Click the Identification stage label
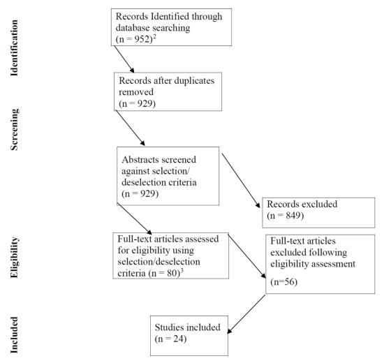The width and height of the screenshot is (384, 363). click(x=14, y=47)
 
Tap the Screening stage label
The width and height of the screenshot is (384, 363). click(x=14, y=129)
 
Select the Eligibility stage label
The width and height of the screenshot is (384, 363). click(x=14, y=258)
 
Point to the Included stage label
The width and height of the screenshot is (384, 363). click(x=14, y=335)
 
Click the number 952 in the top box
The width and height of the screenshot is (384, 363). click(x=142, y=39)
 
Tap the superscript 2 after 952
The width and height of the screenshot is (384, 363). click(x=154, y=37)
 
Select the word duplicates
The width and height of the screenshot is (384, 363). click(x=190, y=80)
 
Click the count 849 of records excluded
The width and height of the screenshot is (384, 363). click(x=293, y=216)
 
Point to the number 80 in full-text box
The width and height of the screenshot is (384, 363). click(x=172, y=273)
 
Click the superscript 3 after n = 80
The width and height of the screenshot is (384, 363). click(x=182, y=271)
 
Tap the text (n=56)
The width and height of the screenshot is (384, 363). click(x=284, y=282)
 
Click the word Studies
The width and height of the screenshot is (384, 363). click(x=169, y=327)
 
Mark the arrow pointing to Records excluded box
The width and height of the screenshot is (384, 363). click(x=241, y=181)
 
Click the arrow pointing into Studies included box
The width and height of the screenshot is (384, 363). click(x=246, y=314)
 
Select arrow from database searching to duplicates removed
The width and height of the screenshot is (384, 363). click(x=124, y=59)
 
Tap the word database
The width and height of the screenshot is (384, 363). click(x=133, y=28)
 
